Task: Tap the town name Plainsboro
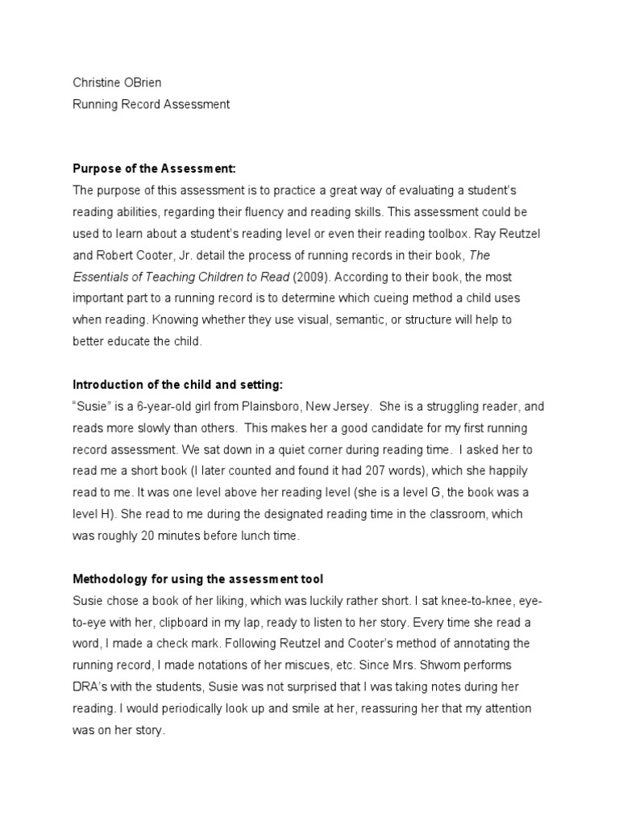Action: pos(246,405)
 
